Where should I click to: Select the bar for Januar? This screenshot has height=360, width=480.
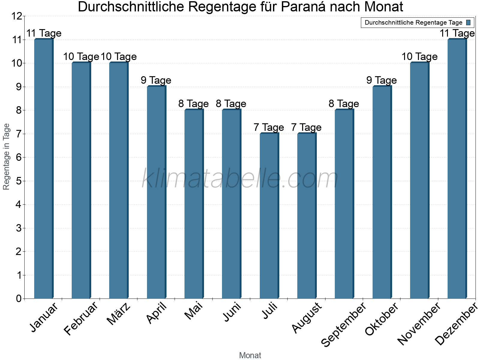click(44, 169)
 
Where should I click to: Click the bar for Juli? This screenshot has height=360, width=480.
click(269, 216)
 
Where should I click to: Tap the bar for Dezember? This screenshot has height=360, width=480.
click(457, 169)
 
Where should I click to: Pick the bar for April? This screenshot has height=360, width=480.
click(156, 192)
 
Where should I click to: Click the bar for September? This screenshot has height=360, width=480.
click(344, 204)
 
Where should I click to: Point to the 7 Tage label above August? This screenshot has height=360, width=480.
click(306, 127)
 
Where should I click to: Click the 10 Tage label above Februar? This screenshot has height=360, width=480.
click(81, 57)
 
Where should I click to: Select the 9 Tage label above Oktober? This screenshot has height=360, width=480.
click(382, 80)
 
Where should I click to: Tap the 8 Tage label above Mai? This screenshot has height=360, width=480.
click(193, 104)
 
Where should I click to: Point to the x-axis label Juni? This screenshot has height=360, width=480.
click(232, 312)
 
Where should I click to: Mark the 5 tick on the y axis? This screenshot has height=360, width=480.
click(19, 181)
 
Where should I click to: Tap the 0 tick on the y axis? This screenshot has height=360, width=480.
click(19, 298)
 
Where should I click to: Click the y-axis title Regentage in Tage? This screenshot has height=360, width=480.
click(6, 157)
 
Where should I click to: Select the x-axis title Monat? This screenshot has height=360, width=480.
click(250, 355)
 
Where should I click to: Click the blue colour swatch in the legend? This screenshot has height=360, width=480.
click(468, 22)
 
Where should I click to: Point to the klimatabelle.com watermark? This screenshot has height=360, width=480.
click(240, 179)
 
